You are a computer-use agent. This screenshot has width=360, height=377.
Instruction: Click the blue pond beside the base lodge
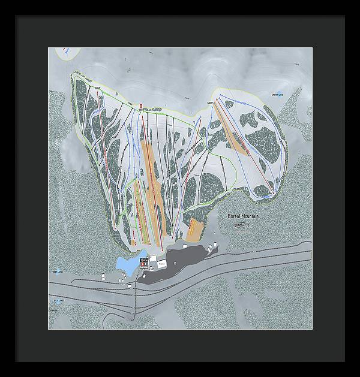[x=128, y=264]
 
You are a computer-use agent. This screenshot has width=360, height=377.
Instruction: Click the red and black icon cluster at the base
[x=144, y=262]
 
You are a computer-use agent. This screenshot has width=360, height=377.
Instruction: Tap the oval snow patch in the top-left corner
[x=65, y=53]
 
